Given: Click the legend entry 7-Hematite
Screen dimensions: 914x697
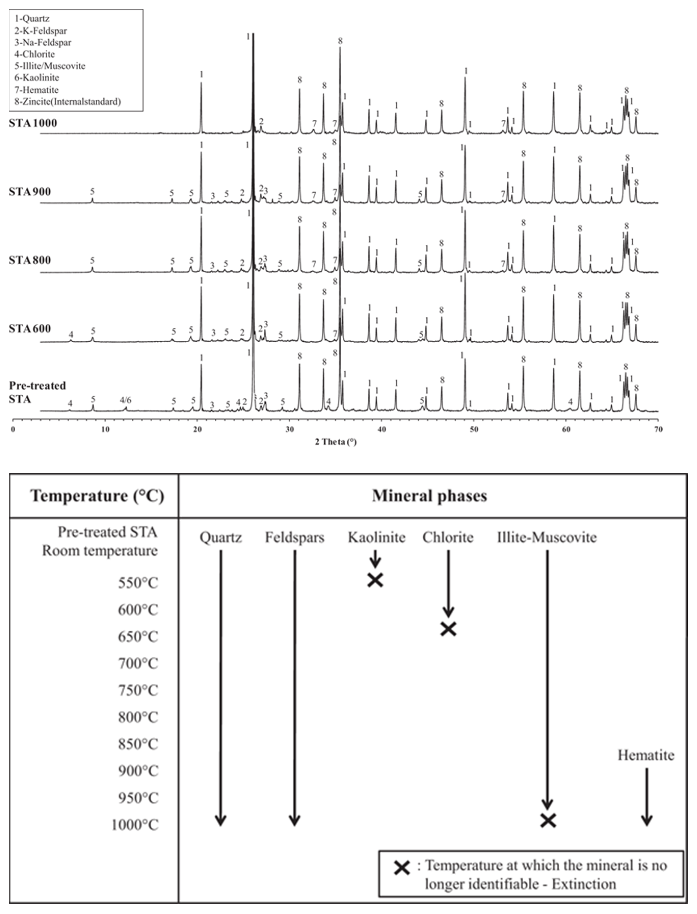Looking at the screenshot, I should tap(36, 90).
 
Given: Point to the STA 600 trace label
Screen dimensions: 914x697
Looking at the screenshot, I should tap(30, 329).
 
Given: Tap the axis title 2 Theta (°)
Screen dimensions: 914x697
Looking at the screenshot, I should tap(336, 442).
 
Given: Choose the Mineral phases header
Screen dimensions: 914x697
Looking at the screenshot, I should tap(430, 496).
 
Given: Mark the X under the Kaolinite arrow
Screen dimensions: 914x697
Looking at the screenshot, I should tap(375, 580).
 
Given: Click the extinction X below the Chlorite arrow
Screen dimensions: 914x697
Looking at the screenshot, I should tap(448, 629).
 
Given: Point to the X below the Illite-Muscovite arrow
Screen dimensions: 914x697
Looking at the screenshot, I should tap(548, 820).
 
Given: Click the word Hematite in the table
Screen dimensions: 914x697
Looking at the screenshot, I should tap(646, 755).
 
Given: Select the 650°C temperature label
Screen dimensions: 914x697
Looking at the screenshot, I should tap(138, 637).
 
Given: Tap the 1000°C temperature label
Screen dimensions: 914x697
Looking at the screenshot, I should tap(135, 825).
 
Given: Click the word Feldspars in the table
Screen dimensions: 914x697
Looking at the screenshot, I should tap(294, 537).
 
